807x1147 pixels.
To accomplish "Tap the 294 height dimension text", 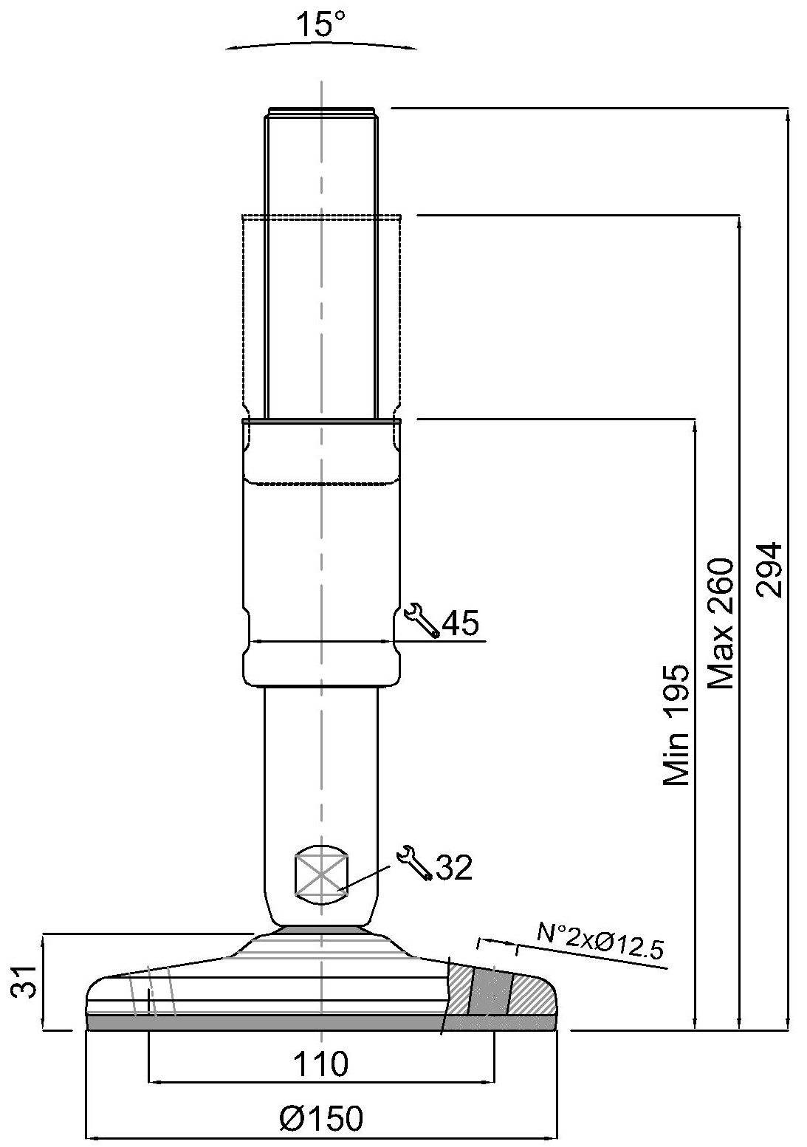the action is [x=769, y=569].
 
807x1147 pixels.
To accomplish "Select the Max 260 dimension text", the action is [x=721, y=623].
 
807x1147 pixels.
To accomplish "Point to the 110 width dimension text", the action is [x=321, y=1046].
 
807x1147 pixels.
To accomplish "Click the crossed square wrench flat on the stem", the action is [x=321, y=876].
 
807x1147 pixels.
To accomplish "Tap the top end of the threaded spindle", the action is [x=321, y=109].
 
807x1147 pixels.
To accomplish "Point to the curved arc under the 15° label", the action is [x=321, y=46].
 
